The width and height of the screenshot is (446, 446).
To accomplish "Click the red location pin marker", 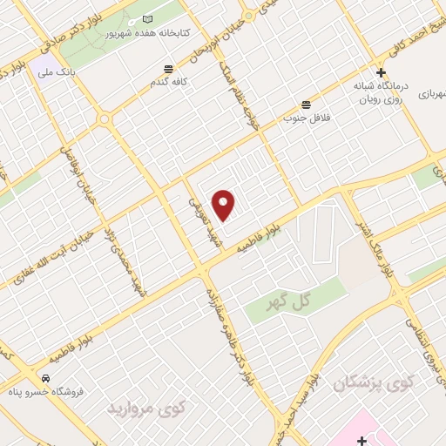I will (224, 205).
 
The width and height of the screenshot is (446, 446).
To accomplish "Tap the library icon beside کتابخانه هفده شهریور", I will (146, 19).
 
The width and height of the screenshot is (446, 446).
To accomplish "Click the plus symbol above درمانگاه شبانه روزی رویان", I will (380, 73).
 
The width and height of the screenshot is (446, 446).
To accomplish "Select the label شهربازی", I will (430, 94).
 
